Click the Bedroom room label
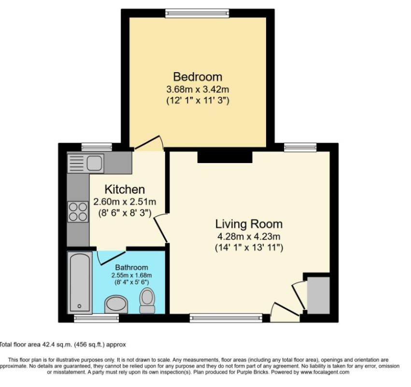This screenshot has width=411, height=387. (x=198, y=76)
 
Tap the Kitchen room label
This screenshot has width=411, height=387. (x=125, y=189)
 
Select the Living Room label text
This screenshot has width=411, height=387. (x=249, y=224)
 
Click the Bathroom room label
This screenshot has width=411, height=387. (x=131, y=268)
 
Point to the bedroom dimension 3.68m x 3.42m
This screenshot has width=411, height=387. (x=198, y=89)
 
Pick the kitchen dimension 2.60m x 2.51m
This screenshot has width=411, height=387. (x=125, y=202)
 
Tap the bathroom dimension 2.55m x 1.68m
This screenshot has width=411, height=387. (x=131, y=275)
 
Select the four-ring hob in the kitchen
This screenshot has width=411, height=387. (x=78, y=211)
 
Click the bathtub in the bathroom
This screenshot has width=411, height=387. (x=78, y=282)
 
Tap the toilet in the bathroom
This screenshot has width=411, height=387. (x=147, y=300)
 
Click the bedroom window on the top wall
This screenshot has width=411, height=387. (x=197, y=12)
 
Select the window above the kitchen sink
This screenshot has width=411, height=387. (x=90, y=147)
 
